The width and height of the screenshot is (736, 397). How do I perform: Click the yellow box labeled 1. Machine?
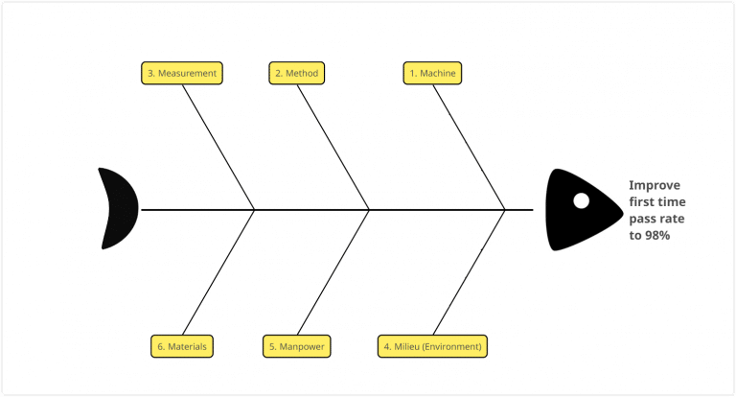pos(432,73)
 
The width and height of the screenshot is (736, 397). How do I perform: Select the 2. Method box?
pos(296,73)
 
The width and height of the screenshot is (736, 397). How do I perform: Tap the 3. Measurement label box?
pos(182,73)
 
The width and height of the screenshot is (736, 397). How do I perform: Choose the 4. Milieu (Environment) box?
pos(433,346)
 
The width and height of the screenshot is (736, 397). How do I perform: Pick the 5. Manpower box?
pos(296,346)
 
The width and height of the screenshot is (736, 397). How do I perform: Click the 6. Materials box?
pos(182,346)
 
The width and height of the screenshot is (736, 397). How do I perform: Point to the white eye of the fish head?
pos(581,200)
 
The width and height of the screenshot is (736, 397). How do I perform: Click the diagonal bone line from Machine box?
pos(471,144)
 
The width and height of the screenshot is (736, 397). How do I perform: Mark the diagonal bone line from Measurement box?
pos(218,144)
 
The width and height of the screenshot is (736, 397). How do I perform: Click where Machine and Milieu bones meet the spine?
pos(505,209)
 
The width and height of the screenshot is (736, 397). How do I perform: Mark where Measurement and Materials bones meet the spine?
pos(254,209)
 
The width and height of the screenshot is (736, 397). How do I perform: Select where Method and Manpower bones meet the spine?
pos(370,209)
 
